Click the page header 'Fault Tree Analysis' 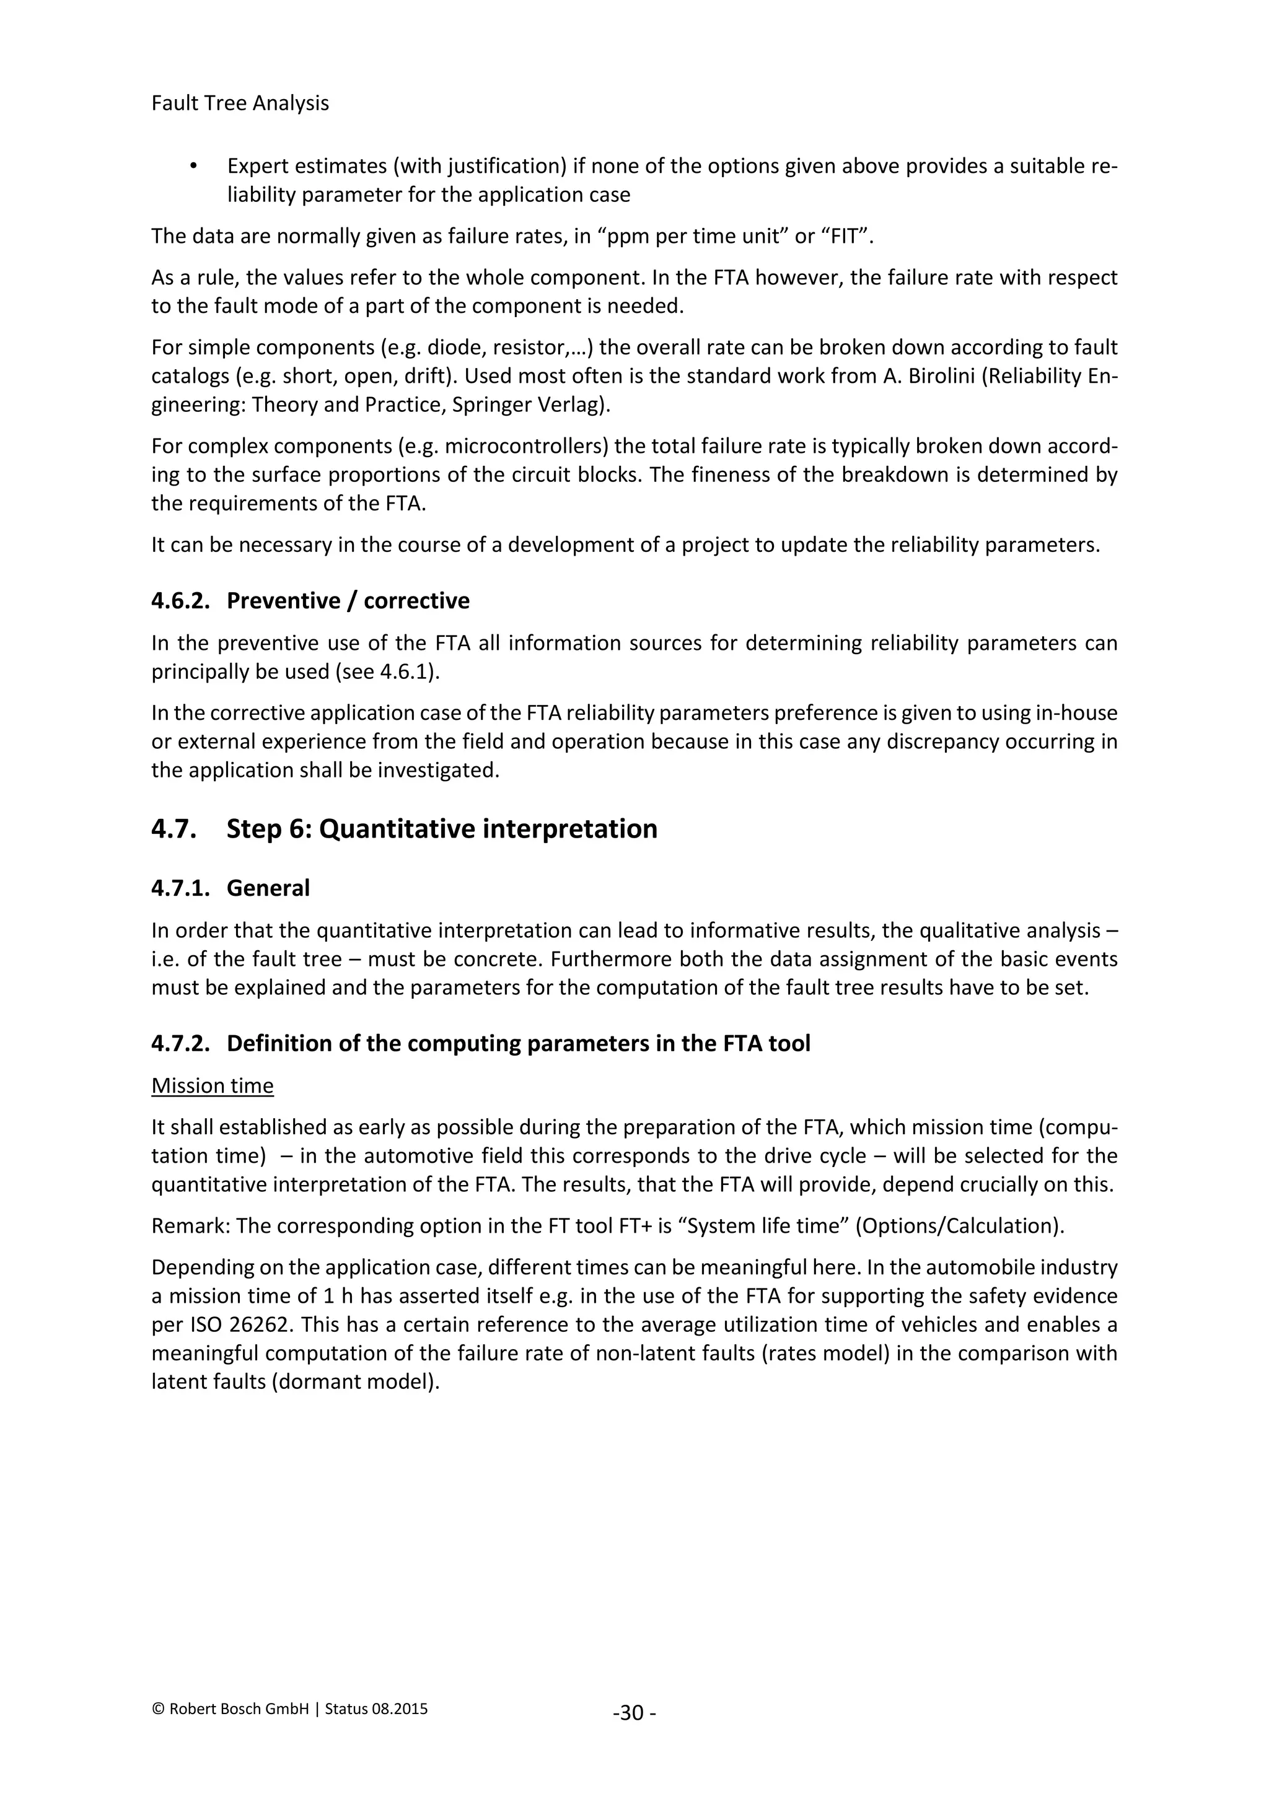pos(240,103)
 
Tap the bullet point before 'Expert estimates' pos(193,167)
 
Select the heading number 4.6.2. pos(180,601)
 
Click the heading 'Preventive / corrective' pos(348,601)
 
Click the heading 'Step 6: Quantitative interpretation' pos(442,828)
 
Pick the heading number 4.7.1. pos(180,888)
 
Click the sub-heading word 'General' pos(268,888)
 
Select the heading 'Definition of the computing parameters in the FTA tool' pos(518,1043)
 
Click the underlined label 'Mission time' pos(213,1085)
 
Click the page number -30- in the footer pos(634,1713)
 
